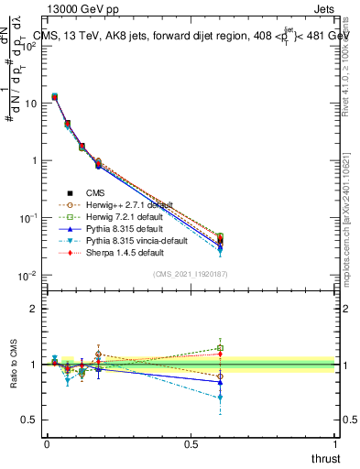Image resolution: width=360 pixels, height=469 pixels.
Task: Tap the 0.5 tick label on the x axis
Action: [191, 443]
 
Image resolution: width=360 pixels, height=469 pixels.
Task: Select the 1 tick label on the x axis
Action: [335, 443]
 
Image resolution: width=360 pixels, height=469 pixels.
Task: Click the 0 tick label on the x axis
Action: [47, 443]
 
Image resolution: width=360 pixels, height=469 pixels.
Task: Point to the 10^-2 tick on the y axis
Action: [27, 276]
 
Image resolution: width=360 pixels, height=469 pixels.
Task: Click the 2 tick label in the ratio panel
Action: [32, 309]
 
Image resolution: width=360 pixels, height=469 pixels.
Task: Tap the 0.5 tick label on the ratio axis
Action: [27, 420]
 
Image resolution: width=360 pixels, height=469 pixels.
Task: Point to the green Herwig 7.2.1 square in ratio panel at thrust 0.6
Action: [220, 348]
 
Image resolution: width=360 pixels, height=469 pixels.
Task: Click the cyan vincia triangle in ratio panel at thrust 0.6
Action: [220, 398]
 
